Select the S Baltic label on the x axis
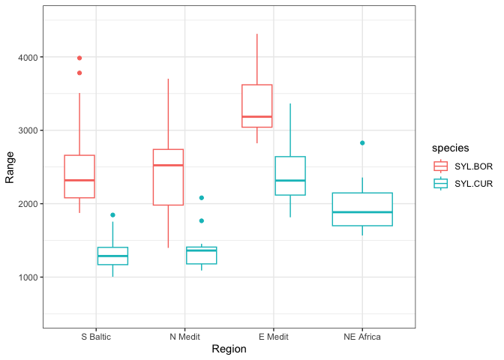(x=96, y=337)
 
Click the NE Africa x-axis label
(x=362, y=337)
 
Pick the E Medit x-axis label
(x=273, y=337)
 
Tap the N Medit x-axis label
(x=184, y=337)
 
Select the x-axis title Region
(x=229, y=349)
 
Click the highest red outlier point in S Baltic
(x=79, y=58)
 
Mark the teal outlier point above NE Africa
(x=362, y=142)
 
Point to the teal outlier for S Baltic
(x=112, y=215)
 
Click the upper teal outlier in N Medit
(x=201, y=198)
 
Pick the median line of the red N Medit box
(x=168, y=165)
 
